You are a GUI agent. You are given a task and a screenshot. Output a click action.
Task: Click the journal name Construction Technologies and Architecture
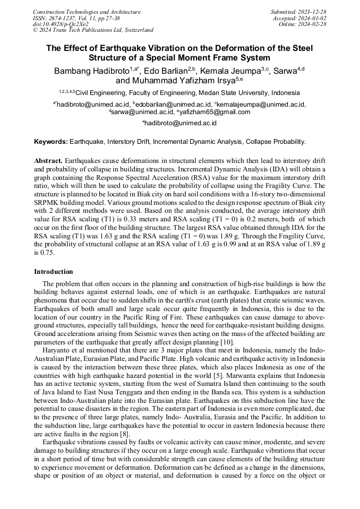[87, 12]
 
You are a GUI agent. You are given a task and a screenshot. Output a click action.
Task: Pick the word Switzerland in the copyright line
[136, 30]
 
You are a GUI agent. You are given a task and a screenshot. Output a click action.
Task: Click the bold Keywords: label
[51, 142]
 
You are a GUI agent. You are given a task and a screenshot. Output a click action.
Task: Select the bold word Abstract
[48, 160]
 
